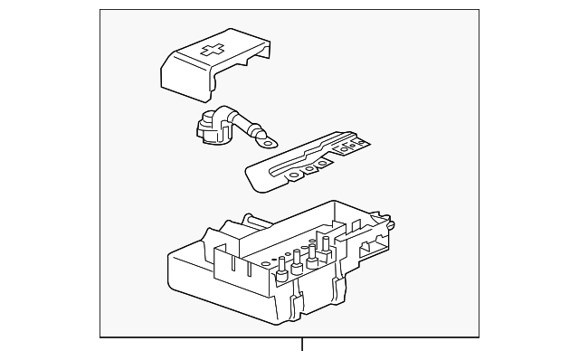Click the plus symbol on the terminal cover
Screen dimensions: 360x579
point(214,52)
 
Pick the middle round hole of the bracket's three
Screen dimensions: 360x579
point(310,167)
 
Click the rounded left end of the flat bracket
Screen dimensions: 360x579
point(252,177)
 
